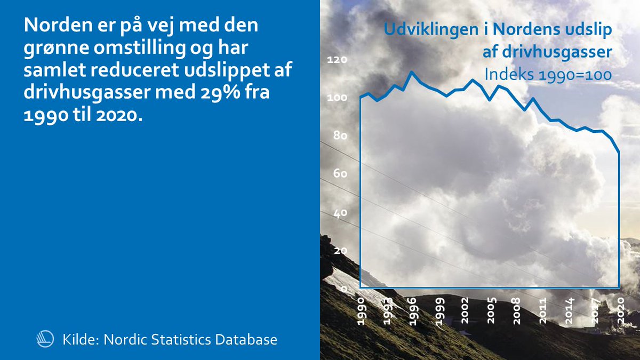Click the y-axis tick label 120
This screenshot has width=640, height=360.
(x=337, y=60)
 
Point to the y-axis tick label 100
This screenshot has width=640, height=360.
(x=337, y=98)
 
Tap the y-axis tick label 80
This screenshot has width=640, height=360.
(x=339, y=136)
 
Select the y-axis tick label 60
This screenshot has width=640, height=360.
(x=339, y=174)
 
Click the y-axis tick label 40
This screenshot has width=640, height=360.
(x=339, y=212)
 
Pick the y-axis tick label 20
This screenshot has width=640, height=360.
(x=339, y=251)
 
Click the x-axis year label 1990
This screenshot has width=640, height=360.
(x=361, y=310)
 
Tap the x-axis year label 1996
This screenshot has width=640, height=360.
(x=413, y=310)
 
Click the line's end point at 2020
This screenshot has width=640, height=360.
(x=619, y=154)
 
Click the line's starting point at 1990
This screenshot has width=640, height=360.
(x=361, y=97)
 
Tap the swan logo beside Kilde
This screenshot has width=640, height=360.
(x=44, y=339)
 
